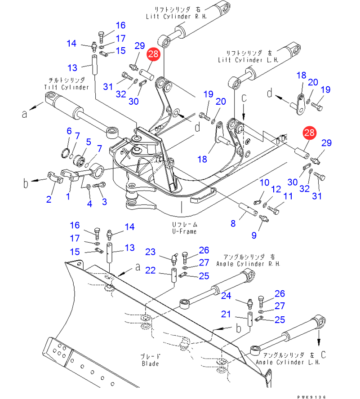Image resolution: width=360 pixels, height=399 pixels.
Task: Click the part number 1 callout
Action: click(x=68, y=196)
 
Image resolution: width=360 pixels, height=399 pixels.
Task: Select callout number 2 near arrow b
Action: click(x=49, y=199)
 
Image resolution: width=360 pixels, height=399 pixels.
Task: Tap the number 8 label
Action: click(x=233, y=223)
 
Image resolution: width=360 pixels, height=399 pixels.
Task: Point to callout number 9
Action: click(x=254, y=235)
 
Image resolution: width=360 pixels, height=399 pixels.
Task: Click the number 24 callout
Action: click(x=226, y=296)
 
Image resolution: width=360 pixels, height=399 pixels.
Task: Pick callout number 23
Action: click(x=150, y=252)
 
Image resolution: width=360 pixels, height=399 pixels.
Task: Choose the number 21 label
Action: click(x=226, y=314)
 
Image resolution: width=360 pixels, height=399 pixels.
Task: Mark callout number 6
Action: click(x=69, y=131)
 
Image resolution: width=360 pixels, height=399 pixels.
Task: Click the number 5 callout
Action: click(x=89, y=142)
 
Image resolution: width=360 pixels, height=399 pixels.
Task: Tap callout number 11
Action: click(x=288, y=196)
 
